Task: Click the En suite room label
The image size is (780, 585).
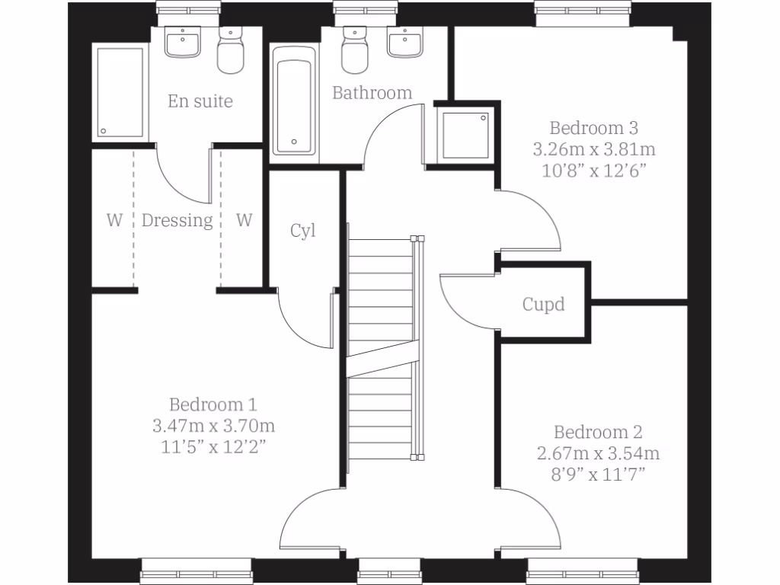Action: pos(200,101)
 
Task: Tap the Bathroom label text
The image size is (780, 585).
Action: pos(372,93)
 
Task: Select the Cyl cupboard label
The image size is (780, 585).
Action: pos(302,231)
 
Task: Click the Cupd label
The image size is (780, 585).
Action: pos(543,305)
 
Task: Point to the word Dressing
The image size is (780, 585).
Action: pos(177,221)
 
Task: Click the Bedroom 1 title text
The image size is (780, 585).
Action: pos(213,404)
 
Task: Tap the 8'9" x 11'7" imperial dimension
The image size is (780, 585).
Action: pos(598,475)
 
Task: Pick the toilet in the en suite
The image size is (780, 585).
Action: pos(231,52)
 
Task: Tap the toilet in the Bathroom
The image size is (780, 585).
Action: pos(354,50)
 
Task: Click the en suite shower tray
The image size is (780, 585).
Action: pos(120,91)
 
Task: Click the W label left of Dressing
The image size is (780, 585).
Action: pos(114,221)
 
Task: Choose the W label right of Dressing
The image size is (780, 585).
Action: pos(244,221)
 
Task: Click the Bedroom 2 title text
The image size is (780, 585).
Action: pos(598,433)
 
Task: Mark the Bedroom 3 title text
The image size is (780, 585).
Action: pos(594,127)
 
